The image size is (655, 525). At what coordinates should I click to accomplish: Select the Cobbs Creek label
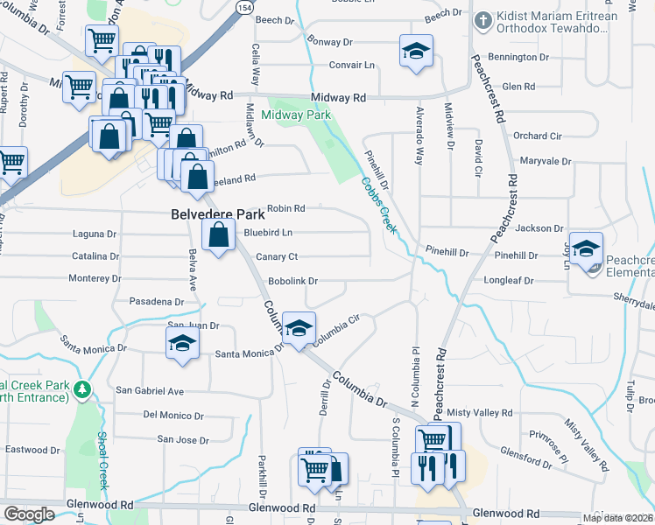379,205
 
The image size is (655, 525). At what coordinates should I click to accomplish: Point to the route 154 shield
242,6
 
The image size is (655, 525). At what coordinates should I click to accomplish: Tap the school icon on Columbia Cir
299,328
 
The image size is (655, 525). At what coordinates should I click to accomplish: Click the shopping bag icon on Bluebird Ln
218,234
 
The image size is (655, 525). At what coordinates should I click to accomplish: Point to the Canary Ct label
277,256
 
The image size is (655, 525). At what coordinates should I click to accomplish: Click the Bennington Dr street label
518,57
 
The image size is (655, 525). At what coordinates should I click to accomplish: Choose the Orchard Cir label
537,136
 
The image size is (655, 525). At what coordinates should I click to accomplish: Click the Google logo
29,514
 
